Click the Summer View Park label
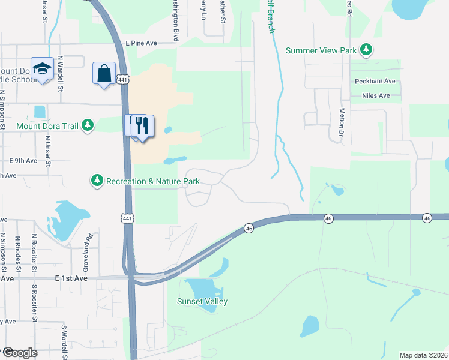click(321, 50)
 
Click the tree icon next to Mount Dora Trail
click(88, 125)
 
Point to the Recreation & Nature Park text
click(152, 181)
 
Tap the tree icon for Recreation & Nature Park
click(97, 180)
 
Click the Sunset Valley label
click(202, 302)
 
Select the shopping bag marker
click(104, 73)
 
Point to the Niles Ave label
click(376, 95)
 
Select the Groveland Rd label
click(88, 245)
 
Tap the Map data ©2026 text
click(423, 355)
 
